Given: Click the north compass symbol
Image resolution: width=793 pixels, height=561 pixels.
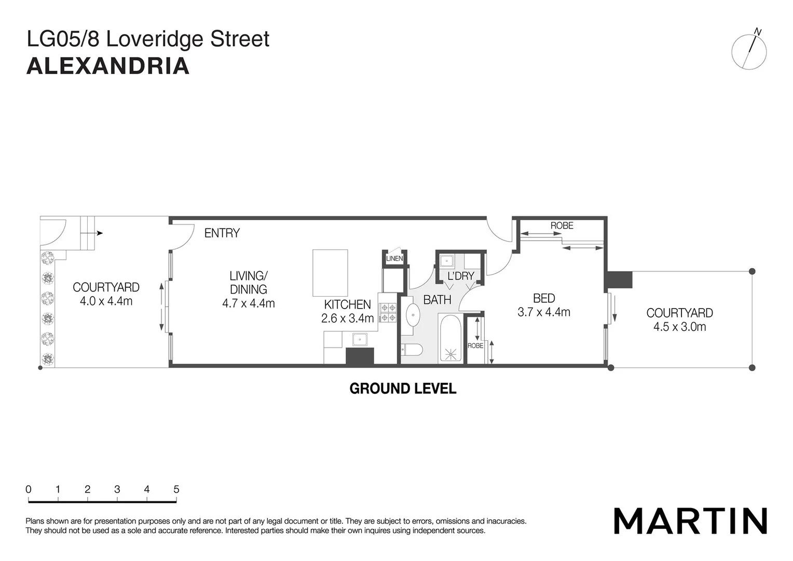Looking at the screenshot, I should pos(749,51).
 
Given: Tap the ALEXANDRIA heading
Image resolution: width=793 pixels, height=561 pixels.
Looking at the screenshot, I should pos(108,66).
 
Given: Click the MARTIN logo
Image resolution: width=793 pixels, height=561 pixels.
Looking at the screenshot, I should pos(690,520).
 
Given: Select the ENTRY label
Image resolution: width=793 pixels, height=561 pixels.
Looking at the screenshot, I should pos(222,233).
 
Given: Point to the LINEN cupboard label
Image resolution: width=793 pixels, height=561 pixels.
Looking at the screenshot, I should pos(394,259).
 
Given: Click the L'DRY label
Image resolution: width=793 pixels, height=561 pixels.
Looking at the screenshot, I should pos(461,276).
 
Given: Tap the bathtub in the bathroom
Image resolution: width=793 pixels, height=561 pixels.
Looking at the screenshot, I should pos(450,338).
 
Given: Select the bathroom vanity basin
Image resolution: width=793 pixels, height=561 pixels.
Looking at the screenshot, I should pos(413,315).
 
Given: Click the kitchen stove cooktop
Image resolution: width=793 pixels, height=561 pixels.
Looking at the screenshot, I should pos(388,312).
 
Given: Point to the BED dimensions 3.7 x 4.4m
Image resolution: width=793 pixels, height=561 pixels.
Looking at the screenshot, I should pos(544,312).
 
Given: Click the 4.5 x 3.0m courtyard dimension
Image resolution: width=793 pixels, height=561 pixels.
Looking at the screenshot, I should pos(679,327).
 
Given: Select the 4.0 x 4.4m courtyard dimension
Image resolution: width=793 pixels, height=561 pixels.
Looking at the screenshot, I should pos(106,301).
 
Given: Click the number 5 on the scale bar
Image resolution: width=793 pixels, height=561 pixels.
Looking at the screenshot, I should pos(176,489).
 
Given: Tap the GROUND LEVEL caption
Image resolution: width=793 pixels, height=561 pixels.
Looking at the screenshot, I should pos(403,389).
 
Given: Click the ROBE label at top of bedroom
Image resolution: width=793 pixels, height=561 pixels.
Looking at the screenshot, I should pos(562,225).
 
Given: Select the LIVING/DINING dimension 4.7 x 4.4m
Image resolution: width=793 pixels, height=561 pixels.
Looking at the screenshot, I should pos(249,303).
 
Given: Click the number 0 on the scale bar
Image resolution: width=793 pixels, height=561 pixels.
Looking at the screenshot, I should pos(29,489).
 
